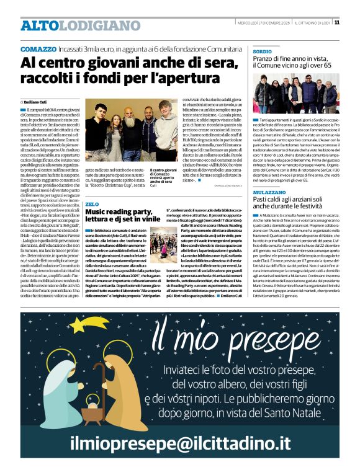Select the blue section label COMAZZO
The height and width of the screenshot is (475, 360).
pos(38,49)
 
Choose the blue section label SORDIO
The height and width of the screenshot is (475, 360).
pos(262,51)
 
